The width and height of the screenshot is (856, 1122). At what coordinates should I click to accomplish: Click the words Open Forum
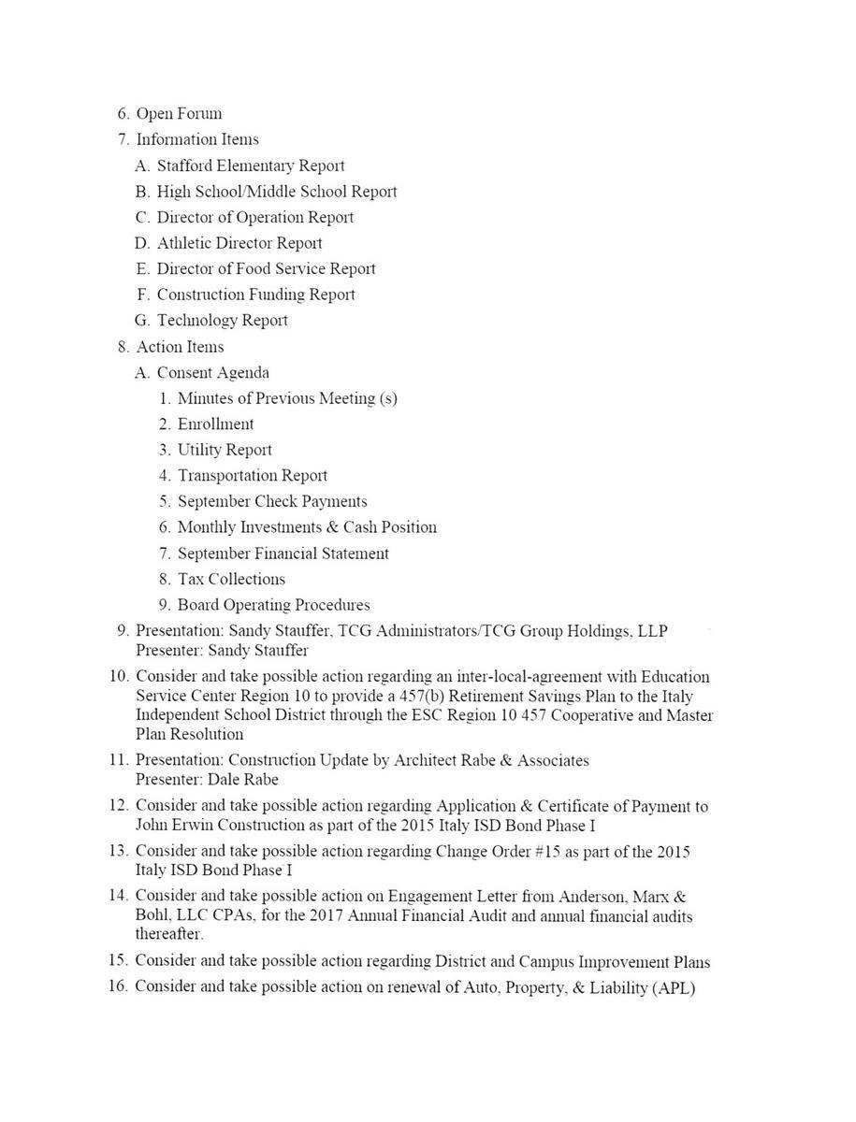click(x=179, y=114)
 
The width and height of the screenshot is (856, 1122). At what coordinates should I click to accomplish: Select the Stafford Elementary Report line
click(x=250, y=166)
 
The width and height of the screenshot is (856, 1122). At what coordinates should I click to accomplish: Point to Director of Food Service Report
click(x=266, y=269)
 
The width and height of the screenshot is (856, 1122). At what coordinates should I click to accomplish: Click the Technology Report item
click(x=222, y=321)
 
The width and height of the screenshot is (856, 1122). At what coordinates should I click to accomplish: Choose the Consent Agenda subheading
click(x=212, y=373)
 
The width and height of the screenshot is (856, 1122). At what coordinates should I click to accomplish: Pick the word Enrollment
click(x=215, y=424)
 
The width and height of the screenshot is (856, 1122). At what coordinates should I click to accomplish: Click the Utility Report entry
click(x=225, y=450)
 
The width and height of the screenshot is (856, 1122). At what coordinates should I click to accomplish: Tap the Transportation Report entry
click(x=253, y=476)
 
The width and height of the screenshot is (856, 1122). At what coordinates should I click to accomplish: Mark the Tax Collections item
click(x=231, y=580)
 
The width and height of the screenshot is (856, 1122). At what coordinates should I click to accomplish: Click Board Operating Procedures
click(x=273, y=605)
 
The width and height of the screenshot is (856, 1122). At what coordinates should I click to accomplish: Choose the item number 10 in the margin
click(x=119, y=676)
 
